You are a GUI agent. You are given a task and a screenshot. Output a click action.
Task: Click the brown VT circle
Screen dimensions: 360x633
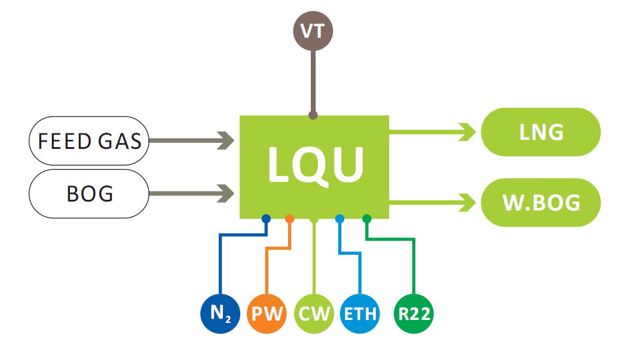313,30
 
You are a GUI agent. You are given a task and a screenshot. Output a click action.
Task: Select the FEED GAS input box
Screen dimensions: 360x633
89,141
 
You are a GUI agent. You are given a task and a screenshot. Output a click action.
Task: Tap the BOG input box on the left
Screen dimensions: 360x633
89,193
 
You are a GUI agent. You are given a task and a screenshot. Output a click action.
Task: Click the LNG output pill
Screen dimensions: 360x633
540,132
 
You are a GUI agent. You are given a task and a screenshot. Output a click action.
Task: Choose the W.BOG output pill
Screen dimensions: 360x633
540,202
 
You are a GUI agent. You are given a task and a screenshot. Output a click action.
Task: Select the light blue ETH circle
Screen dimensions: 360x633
360,313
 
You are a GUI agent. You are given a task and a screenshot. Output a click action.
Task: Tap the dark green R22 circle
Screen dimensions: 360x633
414,313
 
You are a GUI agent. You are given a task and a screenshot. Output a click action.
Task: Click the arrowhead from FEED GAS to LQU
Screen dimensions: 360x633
227,141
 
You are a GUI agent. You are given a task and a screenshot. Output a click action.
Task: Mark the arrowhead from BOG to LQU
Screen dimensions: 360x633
227,193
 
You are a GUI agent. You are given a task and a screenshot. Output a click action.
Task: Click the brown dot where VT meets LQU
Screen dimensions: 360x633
313,115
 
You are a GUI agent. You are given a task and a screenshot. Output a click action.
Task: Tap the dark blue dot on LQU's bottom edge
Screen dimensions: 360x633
266,219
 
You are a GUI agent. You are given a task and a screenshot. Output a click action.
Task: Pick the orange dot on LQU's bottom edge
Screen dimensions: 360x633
290,219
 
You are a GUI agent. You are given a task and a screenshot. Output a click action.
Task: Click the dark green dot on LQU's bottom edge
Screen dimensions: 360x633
367,219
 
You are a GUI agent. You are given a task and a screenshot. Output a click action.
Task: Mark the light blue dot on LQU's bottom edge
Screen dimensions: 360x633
340,219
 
